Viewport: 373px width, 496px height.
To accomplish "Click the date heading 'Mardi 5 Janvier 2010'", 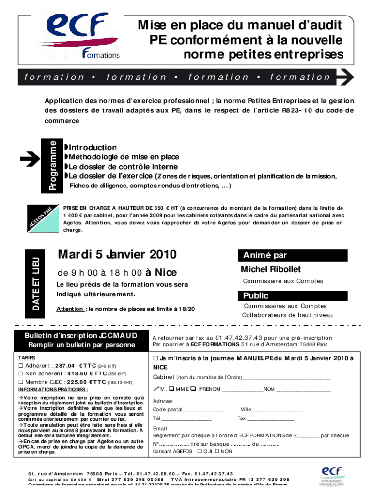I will (117, 254).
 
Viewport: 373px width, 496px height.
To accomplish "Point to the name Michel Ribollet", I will (270, 269).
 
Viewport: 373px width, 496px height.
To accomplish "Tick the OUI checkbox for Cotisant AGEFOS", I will (199, 451).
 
